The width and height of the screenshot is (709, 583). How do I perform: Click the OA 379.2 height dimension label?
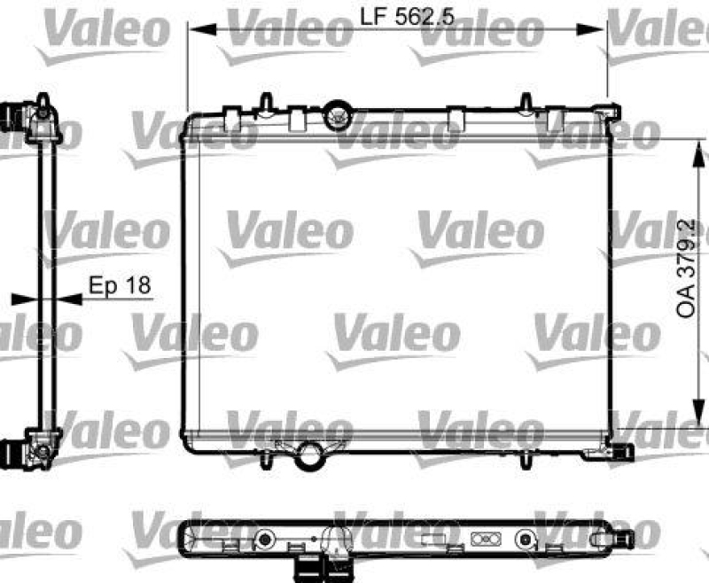(x=693, y=269)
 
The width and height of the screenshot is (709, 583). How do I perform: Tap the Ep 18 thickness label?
(x=120, y=285)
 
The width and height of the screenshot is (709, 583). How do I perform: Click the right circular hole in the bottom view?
(x=526, y=539)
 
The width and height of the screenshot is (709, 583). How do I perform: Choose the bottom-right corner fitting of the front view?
(x=622, y=451)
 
